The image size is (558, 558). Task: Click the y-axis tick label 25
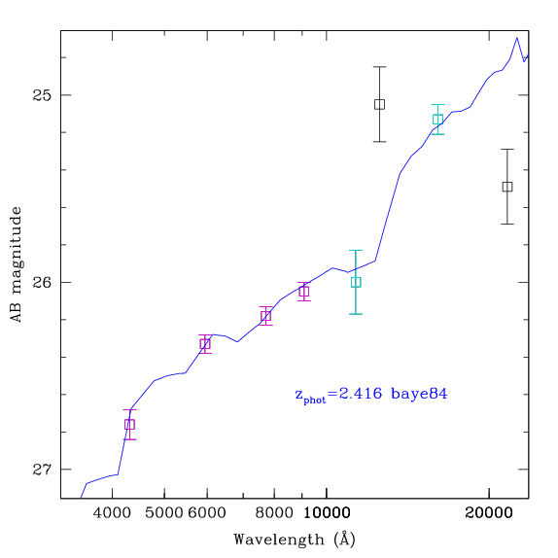coord(42,95)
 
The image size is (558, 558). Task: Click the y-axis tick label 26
coord(42,283)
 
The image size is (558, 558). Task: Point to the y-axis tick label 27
coord(42,470)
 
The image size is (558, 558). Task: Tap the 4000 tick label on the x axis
coord(112,513)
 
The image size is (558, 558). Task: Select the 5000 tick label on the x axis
coord(164,513)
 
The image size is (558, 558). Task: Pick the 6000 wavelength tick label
coord(207,513)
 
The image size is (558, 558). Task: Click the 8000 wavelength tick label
coord(274,513)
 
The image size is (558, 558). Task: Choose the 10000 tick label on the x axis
coord(327,513)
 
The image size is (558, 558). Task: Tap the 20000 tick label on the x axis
coord(489,513)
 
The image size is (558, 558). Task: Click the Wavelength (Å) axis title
coord(295,540)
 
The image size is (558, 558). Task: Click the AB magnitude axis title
coord(17,264)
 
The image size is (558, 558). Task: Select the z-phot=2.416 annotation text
coord(338,395)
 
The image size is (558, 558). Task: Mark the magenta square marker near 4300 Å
coord(129,425)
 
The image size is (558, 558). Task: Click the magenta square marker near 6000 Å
coord(205,344)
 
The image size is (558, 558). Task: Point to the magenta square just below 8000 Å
coord(265,316)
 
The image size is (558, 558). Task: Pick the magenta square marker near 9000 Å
coord(304,292)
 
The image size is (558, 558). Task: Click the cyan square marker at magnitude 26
coord(356,282)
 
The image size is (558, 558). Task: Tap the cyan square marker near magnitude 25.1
coord(437,120)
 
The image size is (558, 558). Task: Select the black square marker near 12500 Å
coord(380,104)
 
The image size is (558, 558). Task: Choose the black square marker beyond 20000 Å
coord(507,187)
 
